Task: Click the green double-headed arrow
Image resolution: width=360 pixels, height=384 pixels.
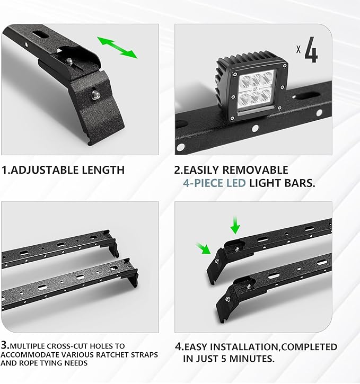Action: (x=117, y=47)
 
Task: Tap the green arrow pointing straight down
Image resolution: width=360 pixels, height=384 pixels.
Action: (x=235, y=226)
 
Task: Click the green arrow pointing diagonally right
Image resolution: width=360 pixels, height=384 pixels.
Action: (x=202, y=247)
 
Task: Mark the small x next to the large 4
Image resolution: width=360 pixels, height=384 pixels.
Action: (x=298, y=50)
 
